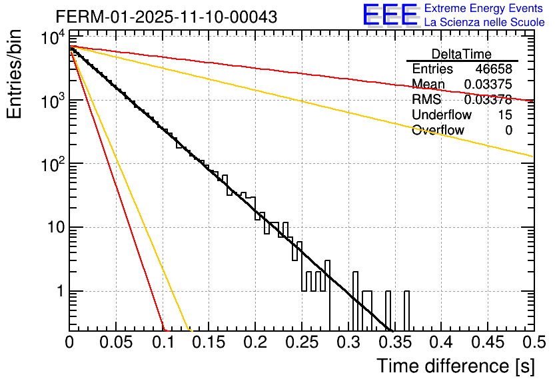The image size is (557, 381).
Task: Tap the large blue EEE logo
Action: click(390, 15)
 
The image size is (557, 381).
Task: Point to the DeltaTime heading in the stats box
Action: click(462, 54)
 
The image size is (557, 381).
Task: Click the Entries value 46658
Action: click(494, 69)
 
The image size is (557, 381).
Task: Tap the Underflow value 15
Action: click(505, 115)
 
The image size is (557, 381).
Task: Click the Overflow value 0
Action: click(508, 131)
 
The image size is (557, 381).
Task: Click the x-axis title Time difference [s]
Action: click(455, 366)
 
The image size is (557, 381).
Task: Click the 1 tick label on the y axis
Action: click(59, 292)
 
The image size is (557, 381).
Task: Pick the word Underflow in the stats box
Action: click(442, 115)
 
